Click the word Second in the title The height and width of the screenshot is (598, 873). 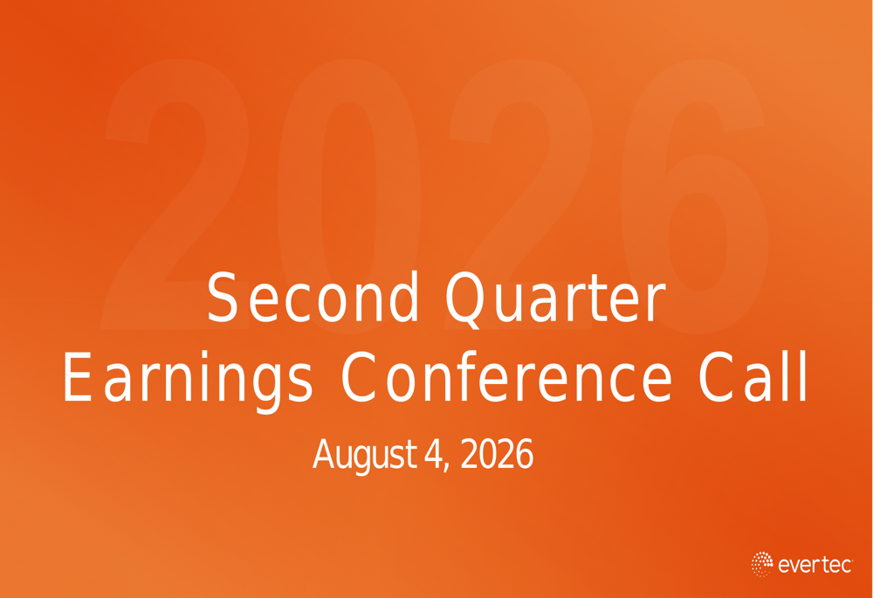[x=313, y=297]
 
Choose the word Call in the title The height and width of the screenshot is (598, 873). [x=753, y=376]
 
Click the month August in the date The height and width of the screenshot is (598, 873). [x=365, y=456]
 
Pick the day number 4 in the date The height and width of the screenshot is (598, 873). [x=433, y=454]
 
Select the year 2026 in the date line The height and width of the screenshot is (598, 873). [x=498, y=454]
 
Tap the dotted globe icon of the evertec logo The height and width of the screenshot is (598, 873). [x=761, y=564]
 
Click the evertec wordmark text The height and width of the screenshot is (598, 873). [x=815, y=565]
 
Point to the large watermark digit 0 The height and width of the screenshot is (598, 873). [x=349, y=196]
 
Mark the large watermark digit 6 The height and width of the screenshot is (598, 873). [x=696, y=196]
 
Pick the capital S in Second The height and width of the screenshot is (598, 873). [x=223, y=297]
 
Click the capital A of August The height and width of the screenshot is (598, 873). [x=323, y=454]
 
